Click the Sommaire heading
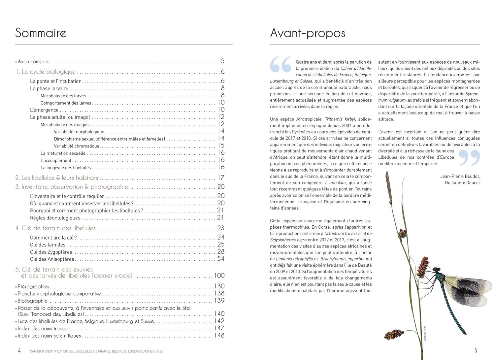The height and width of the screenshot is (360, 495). (41, 33)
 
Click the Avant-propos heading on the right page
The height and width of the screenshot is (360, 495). (308, 33)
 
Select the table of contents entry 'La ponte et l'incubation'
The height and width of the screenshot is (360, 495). (56, 81)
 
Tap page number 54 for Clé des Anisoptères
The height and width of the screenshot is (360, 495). (221, 259)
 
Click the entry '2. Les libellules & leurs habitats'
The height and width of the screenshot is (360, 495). (57, 178)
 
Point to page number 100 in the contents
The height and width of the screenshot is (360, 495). (219, 276)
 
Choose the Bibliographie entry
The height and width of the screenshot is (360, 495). (33, 301)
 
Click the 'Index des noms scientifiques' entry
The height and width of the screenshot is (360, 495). (49, 336)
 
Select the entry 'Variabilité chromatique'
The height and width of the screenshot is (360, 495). (77, 146)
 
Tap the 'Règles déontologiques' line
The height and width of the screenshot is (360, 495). (55, 218)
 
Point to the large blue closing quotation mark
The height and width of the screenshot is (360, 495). (469, 157)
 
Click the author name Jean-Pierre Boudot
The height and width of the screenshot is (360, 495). (460, 177)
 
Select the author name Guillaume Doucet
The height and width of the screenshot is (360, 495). (462, 183)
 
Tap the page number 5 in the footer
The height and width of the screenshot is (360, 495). (476, 350)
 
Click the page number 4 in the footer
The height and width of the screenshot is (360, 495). (19, 350)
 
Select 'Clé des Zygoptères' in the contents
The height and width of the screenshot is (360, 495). (51, 252)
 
